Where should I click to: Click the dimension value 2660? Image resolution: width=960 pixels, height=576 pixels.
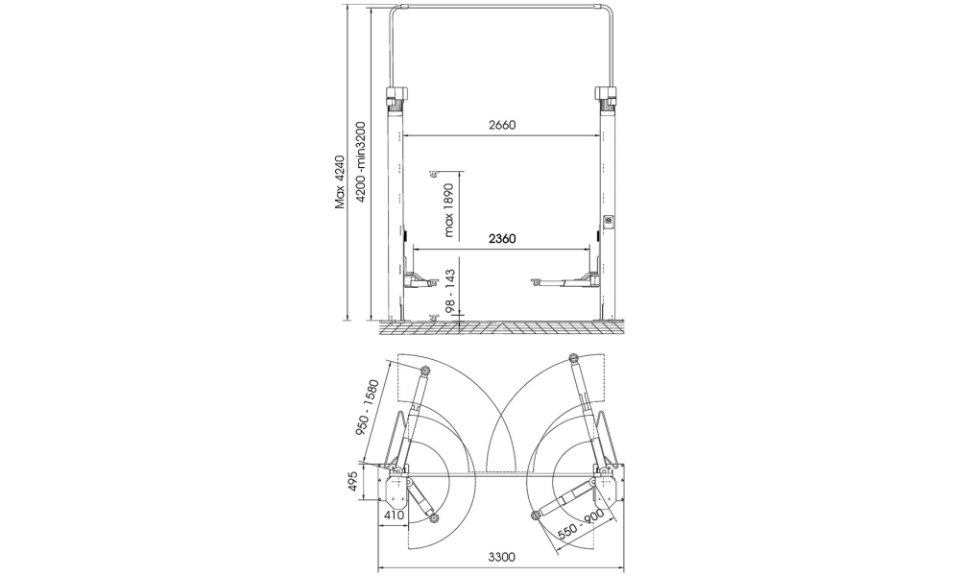[502, 125]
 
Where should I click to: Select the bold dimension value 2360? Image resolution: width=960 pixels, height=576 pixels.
[502, 238]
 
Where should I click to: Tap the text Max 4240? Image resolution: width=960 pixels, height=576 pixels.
[341, 181]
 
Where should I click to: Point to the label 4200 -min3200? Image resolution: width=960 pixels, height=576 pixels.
[362, 161]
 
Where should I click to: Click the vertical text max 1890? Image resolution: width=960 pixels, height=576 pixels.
[449, 210]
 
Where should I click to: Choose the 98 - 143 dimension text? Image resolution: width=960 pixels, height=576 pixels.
[449, 292]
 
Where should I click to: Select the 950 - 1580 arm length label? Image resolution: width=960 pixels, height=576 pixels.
[369, 408]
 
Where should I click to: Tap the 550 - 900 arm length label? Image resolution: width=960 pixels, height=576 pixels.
[581, 524]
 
